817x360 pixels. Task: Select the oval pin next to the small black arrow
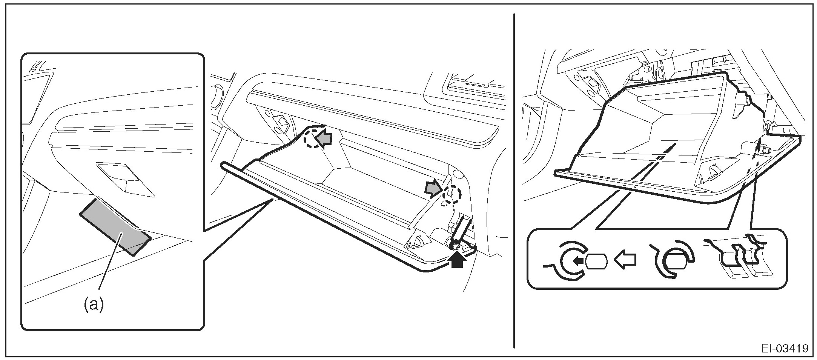point(596,260)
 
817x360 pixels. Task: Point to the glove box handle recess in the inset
point(124,179)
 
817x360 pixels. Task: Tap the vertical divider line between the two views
point(514,181)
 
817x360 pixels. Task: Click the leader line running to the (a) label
point(109,264)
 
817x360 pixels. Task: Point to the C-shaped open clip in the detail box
point(568,260)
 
